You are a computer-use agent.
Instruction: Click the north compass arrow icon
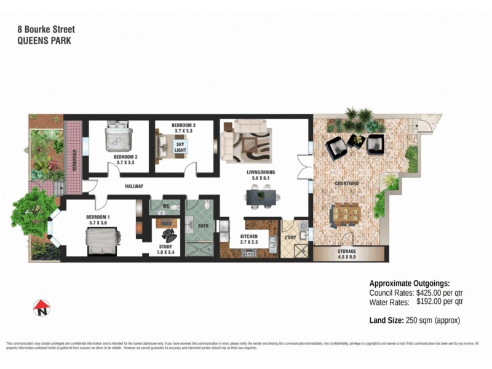41,306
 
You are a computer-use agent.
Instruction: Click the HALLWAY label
134,186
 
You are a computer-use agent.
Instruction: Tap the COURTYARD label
347,183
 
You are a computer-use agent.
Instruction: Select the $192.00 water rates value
433,302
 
